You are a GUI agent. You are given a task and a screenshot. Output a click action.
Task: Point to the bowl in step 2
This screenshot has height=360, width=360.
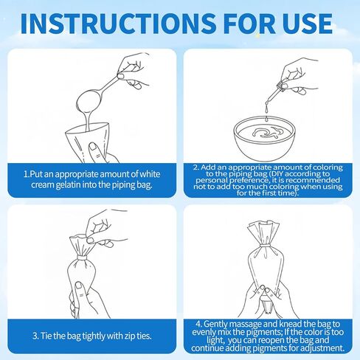tap(264, 138)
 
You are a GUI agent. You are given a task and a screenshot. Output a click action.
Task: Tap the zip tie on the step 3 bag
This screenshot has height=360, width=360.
tap(82, 258)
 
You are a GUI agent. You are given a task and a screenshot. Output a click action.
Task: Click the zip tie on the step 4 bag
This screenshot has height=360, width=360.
tap(266, 246)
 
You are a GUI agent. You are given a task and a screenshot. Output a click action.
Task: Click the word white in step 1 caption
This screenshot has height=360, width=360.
tap(150, 174)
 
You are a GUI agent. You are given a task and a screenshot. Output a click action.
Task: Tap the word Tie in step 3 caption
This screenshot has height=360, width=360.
tap(46, 336)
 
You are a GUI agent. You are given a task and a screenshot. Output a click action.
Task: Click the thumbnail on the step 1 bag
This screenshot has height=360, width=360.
tap(93, 147)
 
